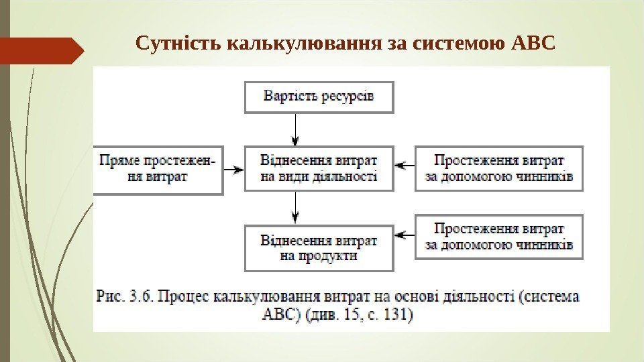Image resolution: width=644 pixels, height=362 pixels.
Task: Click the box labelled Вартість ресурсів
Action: click(x=319, y=97)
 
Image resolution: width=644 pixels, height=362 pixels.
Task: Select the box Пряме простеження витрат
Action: click(x=158, y=170)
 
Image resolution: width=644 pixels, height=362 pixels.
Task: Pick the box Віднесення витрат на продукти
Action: click(x=319, y=247)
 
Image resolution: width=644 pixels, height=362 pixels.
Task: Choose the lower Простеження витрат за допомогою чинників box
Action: click(x=499, y=236)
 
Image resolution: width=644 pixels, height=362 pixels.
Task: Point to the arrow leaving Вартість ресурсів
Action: click(x=295, y=129)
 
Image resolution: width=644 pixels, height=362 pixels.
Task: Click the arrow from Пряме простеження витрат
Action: click(x=233, y=170)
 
